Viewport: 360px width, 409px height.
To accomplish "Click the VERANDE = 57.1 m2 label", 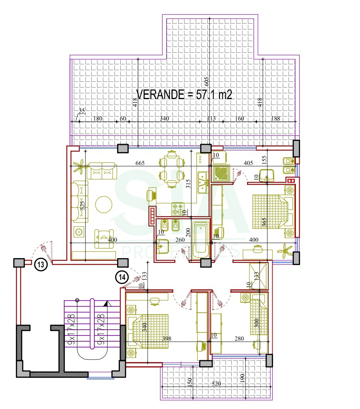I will (184, 94).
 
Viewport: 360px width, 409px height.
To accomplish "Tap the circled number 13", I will (41, 265).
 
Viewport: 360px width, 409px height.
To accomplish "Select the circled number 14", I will (122, 277).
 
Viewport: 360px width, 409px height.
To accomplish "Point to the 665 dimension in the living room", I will (140, 163).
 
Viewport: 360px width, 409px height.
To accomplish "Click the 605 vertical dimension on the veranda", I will (206, 81).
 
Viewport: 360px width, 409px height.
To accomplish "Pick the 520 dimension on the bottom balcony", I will (217, 384).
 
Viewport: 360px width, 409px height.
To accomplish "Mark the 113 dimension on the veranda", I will (211, 119).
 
